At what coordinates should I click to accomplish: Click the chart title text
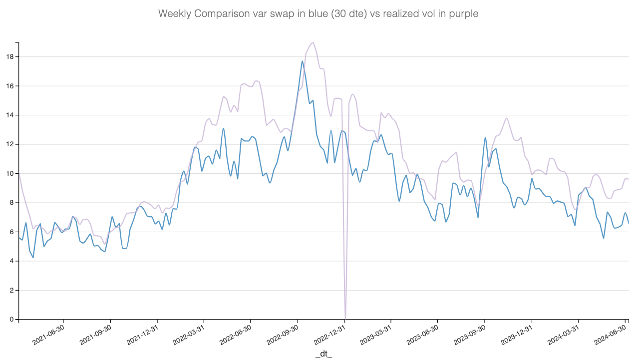[318, 13]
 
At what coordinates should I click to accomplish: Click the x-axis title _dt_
[323, 354]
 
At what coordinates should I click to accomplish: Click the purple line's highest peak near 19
[313, 42]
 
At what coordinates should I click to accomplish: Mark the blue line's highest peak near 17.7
[302, 61]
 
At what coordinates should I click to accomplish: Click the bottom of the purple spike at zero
[345, 318]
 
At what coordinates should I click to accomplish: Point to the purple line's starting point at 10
[19, 173]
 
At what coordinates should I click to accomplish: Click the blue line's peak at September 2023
[485, 137]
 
